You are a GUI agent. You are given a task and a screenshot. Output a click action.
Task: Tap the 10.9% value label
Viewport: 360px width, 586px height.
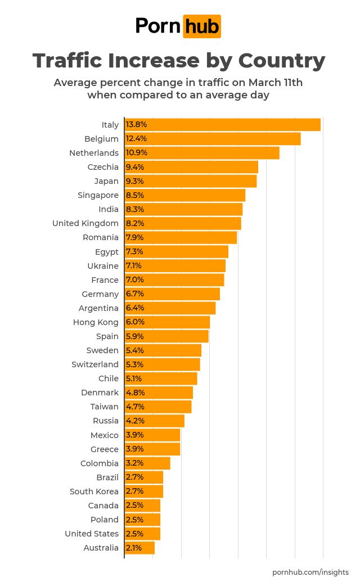(x=135, y=153)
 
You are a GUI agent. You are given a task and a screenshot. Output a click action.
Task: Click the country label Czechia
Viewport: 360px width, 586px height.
(x=103, y=167)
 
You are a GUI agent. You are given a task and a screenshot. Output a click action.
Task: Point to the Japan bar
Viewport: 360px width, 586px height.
(x=191, y=181)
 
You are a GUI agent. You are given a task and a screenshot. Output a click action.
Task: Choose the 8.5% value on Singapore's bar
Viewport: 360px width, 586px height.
(x=135, y=195)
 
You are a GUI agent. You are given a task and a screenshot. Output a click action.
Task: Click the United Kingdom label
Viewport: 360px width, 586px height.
(x=85, y=223)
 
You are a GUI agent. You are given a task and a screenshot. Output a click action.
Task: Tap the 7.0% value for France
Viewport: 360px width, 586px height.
(x=135, y=280)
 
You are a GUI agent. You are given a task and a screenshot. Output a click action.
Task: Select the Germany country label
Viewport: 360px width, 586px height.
(x=100, y=294)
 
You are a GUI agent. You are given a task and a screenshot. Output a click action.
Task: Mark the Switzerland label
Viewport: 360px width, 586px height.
(x=95, y=364)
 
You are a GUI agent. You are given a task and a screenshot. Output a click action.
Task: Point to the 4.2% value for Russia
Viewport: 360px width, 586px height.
(x=135, y=421)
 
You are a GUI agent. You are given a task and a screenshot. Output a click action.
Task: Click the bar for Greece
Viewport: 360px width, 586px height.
(x=152, y=449)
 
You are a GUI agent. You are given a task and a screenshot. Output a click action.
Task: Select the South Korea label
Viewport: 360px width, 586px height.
(x=94, y=492)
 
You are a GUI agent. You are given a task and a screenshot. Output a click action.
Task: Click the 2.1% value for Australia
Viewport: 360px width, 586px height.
(x=134, y=548)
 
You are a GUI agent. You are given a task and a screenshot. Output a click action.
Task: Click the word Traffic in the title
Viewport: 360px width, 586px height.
(x=67, y=61)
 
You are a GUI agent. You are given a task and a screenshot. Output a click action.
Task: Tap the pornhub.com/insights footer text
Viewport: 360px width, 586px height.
(x=310, y=572)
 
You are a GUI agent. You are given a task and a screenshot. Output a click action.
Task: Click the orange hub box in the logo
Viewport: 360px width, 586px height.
(x=202, y=26)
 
